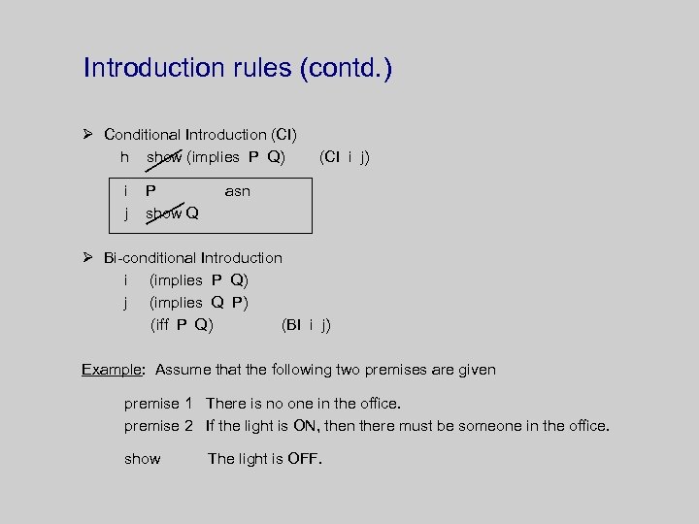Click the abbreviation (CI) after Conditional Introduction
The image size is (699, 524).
284,134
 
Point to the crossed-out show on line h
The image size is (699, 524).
164,156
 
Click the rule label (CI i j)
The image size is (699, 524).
344,156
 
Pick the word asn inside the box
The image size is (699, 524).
237,191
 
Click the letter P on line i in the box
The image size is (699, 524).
151,191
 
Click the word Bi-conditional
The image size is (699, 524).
150,257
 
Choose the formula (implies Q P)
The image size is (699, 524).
199,302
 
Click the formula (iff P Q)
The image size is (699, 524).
182,324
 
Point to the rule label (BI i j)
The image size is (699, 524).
306,324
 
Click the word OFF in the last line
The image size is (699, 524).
305,458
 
